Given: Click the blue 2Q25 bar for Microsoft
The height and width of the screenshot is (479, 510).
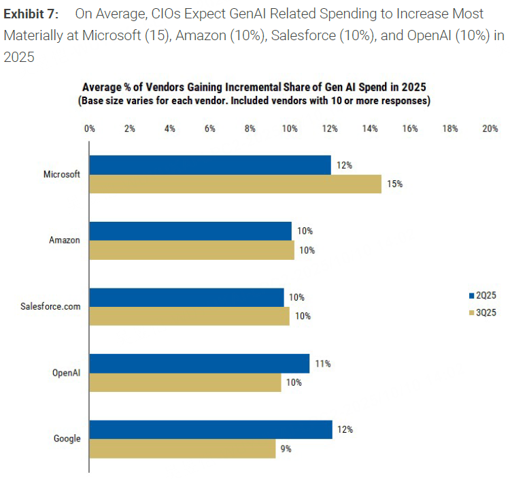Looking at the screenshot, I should coord(210,165).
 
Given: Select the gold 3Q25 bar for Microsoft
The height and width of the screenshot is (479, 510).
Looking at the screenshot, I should coord(235,184).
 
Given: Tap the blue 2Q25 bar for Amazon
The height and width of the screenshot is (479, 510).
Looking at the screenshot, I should coord(190,231).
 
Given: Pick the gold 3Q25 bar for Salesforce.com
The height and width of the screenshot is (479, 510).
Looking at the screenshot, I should coord(190,316).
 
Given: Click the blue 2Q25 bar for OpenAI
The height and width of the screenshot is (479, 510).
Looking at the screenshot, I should coord(200,363).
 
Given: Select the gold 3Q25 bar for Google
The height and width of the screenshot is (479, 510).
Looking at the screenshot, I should coord(183,448).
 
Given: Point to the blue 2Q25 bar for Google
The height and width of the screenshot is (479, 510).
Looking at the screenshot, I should coord(211,429).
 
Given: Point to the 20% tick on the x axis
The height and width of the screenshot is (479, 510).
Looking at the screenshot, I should coord(490,129).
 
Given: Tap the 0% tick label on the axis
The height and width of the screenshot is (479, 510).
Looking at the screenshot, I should coord(90,129).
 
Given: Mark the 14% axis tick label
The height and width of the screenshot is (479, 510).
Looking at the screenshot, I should coord(370,129).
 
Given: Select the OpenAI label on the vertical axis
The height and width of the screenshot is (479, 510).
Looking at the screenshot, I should coord(67,372).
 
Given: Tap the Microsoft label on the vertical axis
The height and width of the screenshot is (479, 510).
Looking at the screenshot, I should coord(62,174).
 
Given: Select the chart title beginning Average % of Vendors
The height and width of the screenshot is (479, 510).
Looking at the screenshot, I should coord(254,87).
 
